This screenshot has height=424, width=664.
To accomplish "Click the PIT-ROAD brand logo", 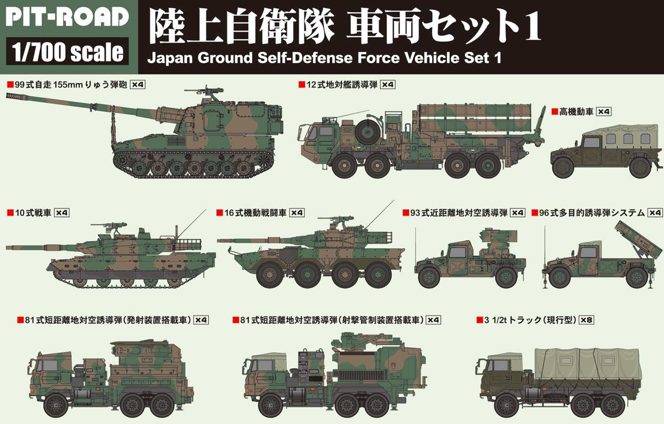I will pos(66,17).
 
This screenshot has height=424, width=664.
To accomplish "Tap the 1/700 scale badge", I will pos(66,52).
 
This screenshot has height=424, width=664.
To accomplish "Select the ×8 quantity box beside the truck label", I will pos(586,320).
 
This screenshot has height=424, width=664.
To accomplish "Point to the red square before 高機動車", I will pos(554,112).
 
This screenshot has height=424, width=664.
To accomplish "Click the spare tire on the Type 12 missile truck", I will pos(364,132).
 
